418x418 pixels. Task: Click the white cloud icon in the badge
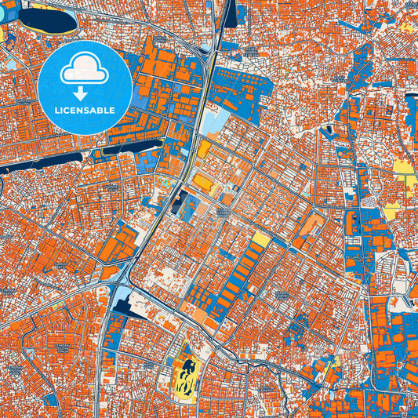[x=84, y=70]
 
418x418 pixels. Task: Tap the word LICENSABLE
[x=85, y=111]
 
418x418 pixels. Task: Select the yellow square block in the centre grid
[x=261, y=238]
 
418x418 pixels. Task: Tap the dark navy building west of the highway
[x=179, y=201]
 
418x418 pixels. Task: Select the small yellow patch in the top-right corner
[x=407, y=26]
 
